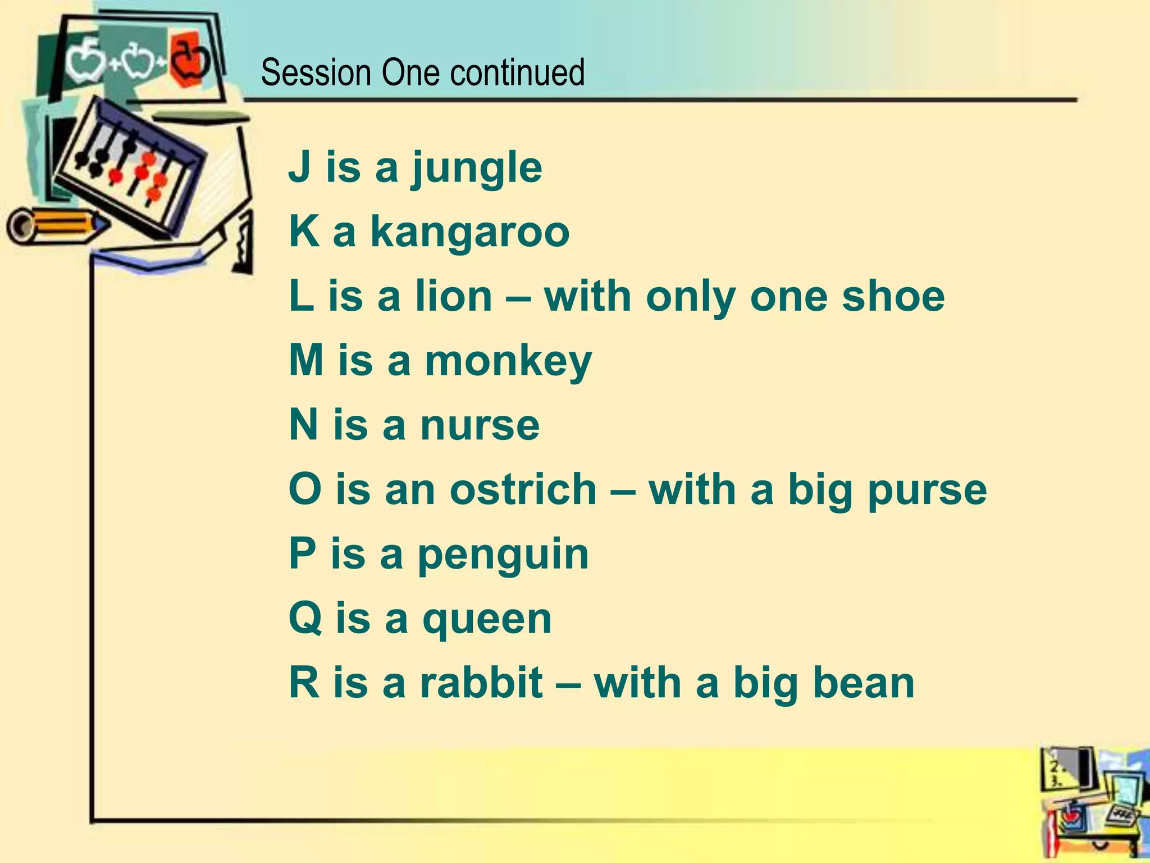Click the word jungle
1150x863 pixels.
(x=477, y=169)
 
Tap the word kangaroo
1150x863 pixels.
(x=470, y=231)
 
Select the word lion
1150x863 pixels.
(x=453, y=296)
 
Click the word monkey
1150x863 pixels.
(x=508, y=361)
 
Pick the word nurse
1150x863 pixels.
(x=480, y=425)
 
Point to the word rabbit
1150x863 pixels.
(x=481, y=683)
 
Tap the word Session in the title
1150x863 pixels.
(x=316, y=73)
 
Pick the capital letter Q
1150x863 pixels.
(x=305, y=619)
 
